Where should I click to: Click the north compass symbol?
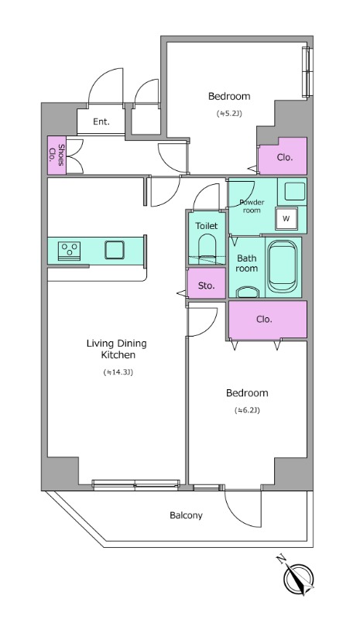click(x=297, y=577)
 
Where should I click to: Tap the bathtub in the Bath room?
click(x=283, y=267)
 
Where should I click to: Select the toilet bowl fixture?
click(x=207, y=249)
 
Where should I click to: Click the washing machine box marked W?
click(x=286, y=218)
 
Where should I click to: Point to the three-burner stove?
click(x=69, y=251)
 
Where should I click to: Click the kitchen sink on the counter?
click(x=115, y=250)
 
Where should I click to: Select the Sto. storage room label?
click(x=206, y=285)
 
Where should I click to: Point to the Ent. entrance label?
click(x=101, y=121)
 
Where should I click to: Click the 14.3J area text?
click(x=118, y=372)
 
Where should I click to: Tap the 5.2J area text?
click(x=229, y=113)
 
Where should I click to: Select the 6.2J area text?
click(x=247, y=410)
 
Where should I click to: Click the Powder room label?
click(x=252, y=206)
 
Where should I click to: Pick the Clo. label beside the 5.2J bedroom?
click(x=285, y=158)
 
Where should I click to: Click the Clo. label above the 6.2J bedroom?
click(x=264, y=319)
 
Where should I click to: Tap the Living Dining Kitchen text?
click(x=117, y=349)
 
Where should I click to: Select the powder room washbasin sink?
click(x=293, y=192)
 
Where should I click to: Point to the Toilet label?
click(x=207, y=226)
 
